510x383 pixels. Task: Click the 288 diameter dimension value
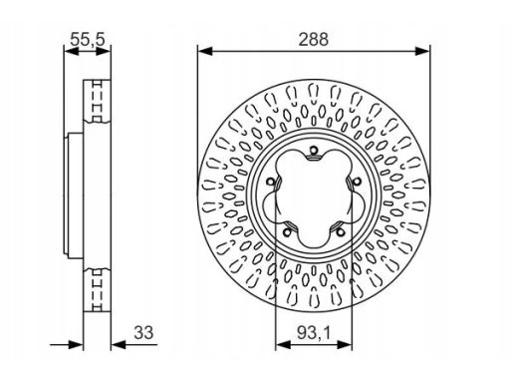(x=313, y=39)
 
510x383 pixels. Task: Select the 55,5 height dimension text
(x=88, y=40)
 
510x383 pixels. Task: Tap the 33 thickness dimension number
(x=143, y=332)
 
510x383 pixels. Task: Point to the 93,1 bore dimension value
(x=314, y=333)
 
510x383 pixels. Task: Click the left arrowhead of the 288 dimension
(x=205, y=51)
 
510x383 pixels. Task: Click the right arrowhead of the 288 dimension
(x=422, y=51)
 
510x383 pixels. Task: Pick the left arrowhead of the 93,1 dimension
(x=283, y=345)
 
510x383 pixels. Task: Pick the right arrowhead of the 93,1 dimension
(x=345, y=345)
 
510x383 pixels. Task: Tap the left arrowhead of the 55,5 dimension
(x=71, y=51)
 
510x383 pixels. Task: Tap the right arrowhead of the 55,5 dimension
(x=104, y=51)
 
